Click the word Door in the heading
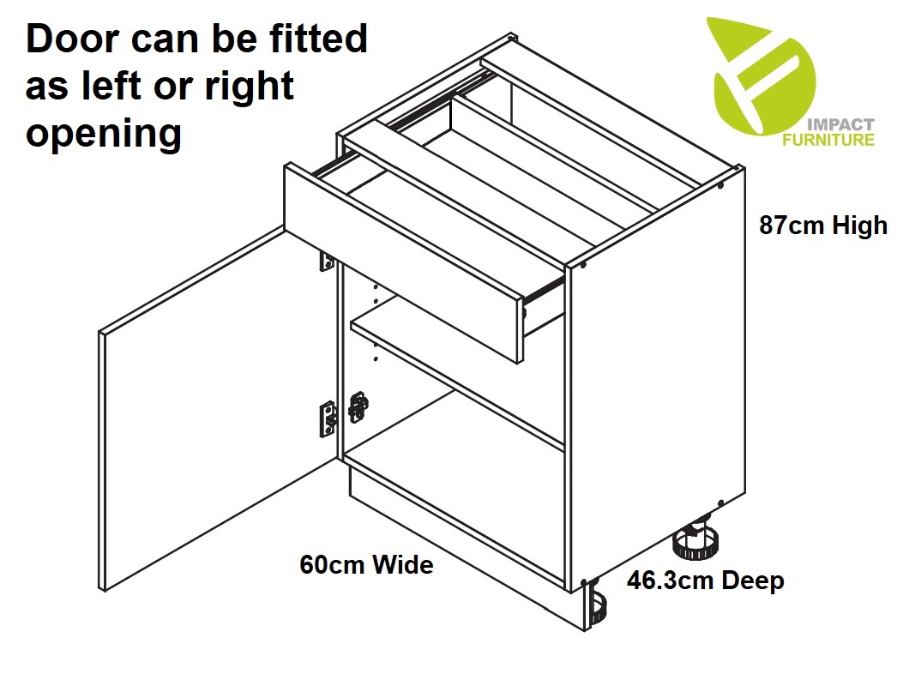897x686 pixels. [x=72, y=39]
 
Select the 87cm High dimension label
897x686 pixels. [x=822, y=225]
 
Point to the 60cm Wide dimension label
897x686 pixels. [x=367, y=565]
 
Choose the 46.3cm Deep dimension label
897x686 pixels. [x=706, y=581]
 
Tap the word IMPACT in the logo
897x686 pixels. [x=840, y=124]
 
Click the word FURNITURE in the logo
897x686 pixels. [x=828, y=140]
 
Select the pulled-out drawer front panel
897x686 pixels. [x=403, y=263]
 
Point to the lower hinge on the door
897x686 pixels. [x=328, y=419]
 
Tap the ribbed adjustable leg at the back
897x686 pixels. [x=696, y=541]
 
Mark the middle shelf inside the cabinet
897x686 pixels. [x=458, y=377]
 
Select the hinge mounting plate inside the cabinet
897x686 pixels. [x=358, y=407]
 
